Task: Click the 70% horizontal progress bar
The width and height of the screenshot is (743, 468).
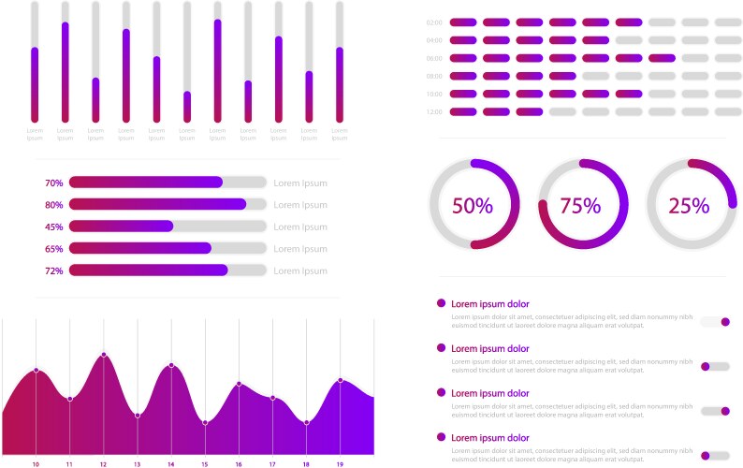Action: pyautogui.click(x=168, y=183)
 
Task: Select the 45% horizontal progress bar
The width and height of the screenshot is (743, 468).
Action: pyautogui.click(x=168, y=227)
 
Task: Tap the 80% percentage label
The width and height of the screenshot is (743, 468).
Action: pyautogui.click(x=54, y=205)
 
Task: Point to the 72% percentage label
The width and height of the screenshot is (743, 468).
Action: pyautogui.click(x=54, y=271)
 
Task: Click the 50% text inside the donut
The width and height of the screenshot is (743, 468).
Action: pyautogui.click(x=473, y=206)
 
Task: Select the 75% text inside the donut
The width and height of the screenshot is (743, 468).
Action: pyautogui.click(x=580, y=206)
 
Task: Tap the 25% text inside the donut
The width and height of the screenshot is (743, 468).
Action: pyautogui.click(x=689, y=206)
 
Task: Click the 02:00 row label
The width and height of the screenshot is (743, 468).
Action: pyautogui.click(x=434, y=22)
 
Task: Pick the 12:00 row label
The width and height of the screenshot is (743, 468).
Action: pyautogui.click(x=434, y=112)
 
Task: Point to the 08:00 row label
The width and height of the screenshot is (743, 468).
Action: pyautogui.click(x=434, y=77)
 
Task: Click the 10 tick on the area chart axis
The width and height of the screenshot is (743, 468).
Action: pyautogui.click(x=36, y=464)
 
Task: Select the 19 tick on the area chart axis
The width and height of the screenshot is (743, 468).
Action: pyautogui.click(x=340, y=464)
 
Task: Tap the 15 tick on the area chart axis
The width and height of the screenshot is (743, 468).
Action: pyautogui.click(x=205, y=464)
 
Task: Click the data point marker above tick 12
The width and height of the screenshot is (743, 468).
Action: pyautogui.click(x=104, y=355)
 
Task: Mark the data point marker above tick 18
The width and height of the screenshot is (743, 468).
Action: pyautogui.click(x=306, y=422)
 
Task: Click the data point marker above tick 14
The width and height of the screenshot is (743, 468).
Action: pyautogui.click(x=171, y=365)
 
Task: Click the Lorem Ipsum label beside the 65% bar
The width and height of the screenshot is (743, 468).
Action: pyautogui.click(x=300, y=249)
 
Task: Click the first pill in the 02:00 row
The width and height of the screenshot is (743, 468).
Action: pyautogui.click(x=463, y=22)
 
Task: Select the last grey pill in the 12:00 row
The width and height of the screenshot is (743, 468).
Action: pyautogui.click(x=728, y=112)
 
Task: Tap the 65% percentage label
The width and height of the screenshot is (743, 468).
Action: pyautogui.click(x=54, y=249)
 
